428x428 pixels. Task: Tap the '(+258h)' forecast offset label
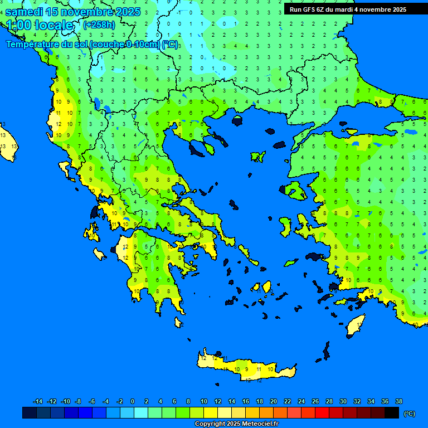(99, 25)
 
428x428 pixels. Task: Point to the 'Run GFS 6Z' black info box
(348, 9)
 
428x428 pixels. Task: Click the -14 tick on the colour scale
(38, 401)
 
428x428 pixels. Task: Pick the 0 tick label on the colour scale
(133, 401)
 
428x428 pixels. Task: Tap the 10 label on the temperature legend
(204, 401)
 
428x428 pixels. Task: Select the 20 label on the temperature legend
(274, 401)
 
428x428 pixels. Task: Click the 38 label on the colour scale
(398, 401)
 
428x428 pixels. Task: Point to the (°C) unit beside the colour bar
(410, 414)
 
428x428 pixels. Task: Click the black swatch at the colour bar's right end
(392, 413)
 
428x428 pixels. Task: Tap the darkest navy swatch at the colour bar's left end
(30, 413)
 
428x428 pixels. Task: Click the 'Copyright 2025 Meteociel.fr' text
(236, 424)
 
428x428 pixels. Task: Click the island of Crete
(245, 368)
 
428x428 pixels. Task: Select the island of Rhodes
(356, 325)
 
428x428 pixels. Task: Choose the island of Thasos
(237, 121)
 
